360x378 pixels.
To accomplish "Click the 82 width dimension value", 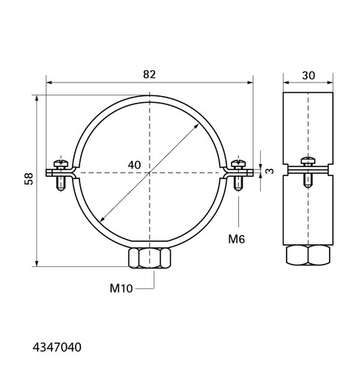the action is (x=150, y=74).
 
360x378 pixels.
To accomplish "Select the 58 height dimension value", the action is (x=29, y=178).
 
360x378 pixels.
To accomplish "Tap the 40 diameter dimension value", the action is (x=134, y=165).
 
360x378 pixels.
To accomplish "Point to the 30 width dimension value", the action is (x=309, y=76).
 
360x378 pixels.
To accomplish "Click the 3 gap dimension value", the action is (x=270, y=171).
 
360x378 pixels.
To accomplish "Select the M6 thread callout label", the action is (x=237, y=239).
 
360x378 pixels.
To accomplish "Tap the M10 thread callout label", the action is (x=121, y=288).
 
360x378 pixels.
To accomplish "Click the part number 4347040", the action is (x=57, y=347).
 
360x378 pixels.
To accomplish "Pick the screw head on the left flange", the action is (x=61, y=164).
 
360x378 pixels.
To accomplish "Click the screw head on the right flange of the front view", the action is (x=238, y=164).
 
